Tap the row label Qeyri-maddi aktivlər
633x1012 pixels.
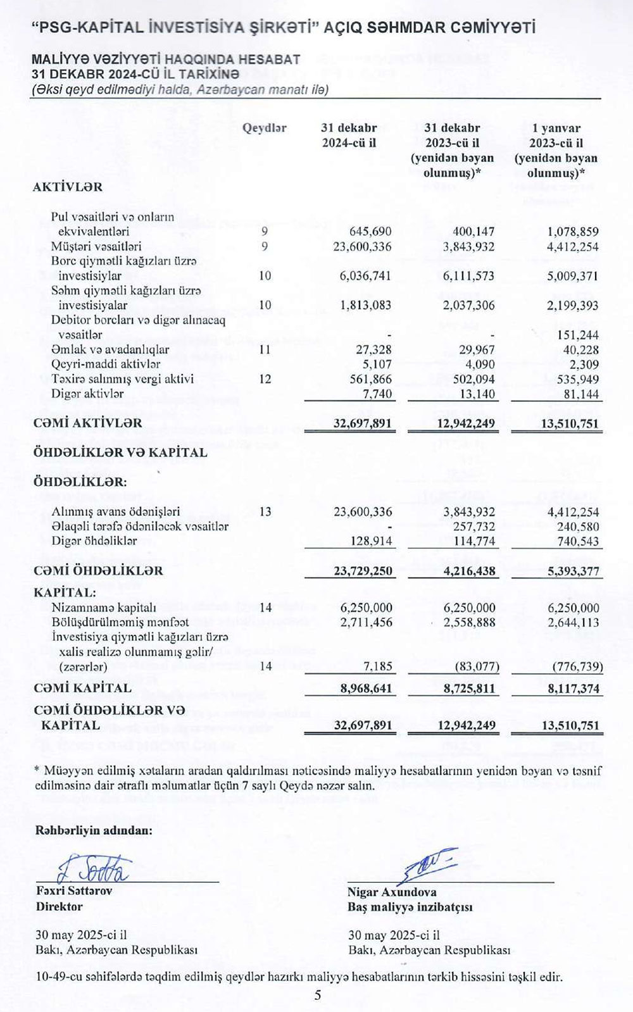pyautogui.click(x=105, y=364)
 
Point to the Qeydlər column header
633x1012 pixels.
pyautogui.click(x=264, y=128)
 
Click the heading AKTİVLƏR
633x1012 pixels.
pyautogui.click(x=68, y=187)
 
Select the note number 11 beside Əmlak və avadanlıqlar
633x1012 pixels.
pyautogui.click(x=265, y=349)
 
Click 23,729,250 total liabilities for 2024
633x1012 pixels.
pyautogui.click(x=363, y=571)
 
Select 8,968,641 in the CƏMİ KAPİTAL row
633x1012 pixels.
pyautogui.click(x=366, y=688)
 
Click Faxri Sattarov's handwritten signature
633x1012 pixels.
pyautogui.click(x=95, y=870)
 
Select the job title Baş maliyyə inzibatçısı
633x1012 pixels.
pyautogui.click(x=410, y=907)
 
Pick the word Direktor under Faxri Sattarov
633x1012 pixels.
pyautogui.click(x=60, y=906)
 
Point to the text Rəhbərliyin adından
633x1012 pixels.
pyautogui.click(x=94, y=830)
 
